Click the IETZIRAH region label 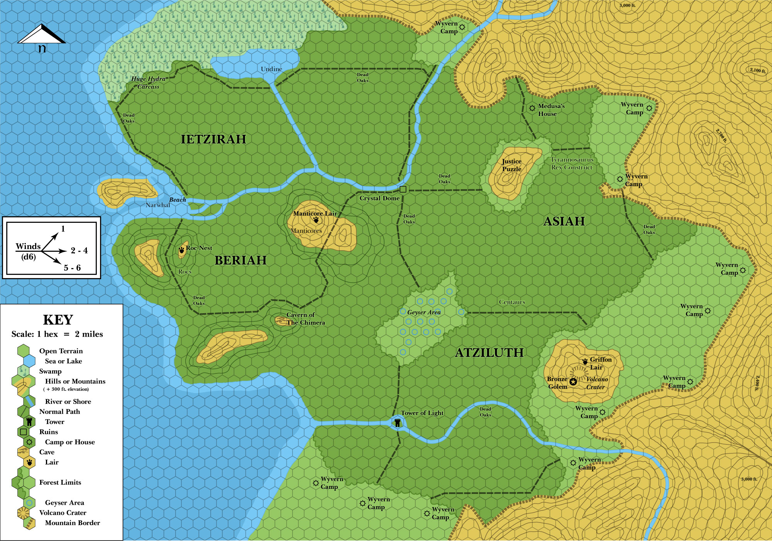[x=213, y=139]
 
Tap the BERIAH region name [x=240, y=260]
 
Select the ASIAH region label [x=564, y=221]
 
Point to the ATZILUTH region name [x=489, y=353]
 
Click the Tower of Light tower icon [x=397, y=422]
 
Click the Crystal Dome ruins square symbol [x=403, y=189]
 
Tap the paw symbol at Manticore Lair [x=316, y=220]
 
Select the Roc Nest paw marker [x=181, y=250]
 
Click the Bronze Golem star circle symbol [x=573, y=382]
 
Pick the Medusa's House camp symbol [x=532, y=108]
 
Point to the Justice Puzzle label [x=511, y=165]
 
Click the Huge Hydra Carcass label [x=148, y=83]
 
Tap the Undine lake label [x=271, y=69]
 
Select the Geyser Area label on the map [x=424, y=312]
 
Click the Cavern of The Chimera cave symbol [x=280, y=320]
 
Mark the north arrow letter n [x=42, y=48]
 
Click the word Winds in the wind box [x=28, y=246]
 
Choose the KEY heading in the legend [x=58, y=320]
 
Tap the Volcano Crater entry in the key [x=63, y=513]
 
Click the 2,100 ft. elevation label [x=758, y=70]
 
